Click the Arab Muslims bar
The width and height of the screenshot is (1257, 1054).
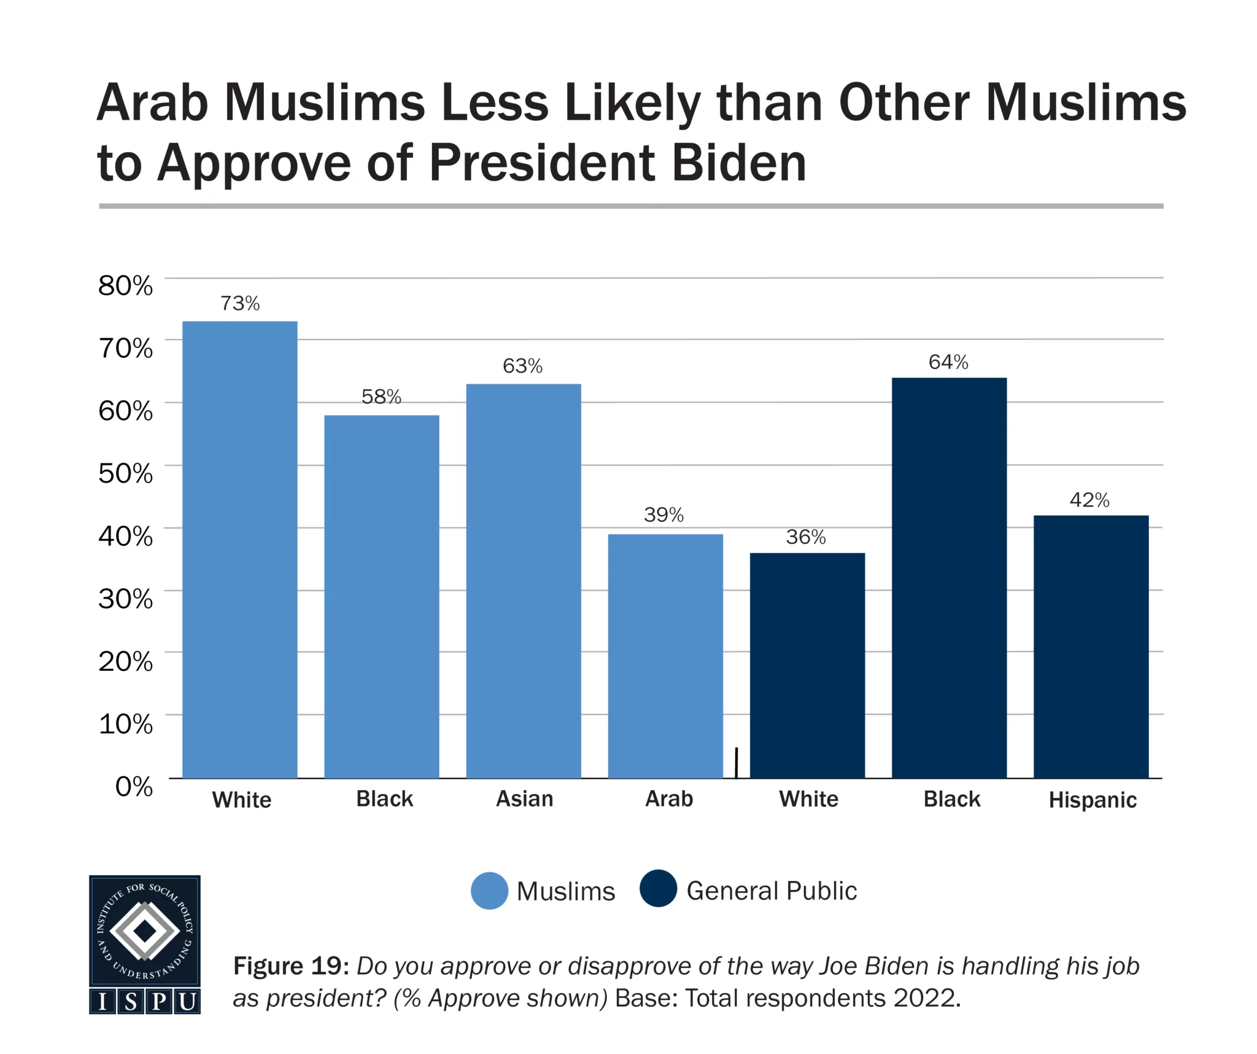pos(665,656)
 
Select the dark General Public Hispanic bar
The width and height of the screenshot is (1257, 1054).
pos(1091,646)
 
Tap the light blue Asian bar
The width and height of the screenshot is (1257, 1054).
pos(524,581)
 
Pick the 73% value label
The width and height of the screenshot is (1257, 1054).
pos(240,303)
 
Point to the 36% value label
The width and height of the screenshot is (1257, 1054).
pos(806,537)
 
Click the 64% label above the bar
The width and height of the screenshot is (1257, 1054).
pos(948,362)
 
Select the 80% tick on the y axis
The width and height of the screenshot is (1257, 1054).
pos(126,285)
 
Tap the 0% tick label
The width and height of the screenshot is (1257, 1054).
pos(134,786)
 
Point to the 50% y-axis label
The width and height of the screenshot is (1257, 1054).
pos(126,473)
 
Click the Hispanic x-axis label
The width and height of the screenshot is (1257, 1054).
pos(1093,800)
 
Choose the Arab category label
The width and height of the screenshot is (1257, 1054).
pos(669,799)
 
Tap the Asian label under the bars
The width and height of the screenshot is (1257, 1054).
pos(525,799)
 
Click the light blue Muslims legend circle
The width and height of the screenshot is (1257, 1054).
pos(489,891)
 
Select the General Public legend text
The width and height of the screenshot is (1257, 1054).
pos(772,891)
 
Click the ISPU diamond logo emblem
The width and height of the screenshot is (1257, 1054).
pos(145,931)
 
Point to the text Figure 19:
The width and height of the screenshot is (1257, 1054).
pos(291,966)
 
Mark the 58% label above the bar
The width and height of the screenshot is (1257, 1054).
pos(381,397)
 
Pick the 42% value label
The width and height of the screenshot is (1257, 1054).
pos(1089,500)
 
